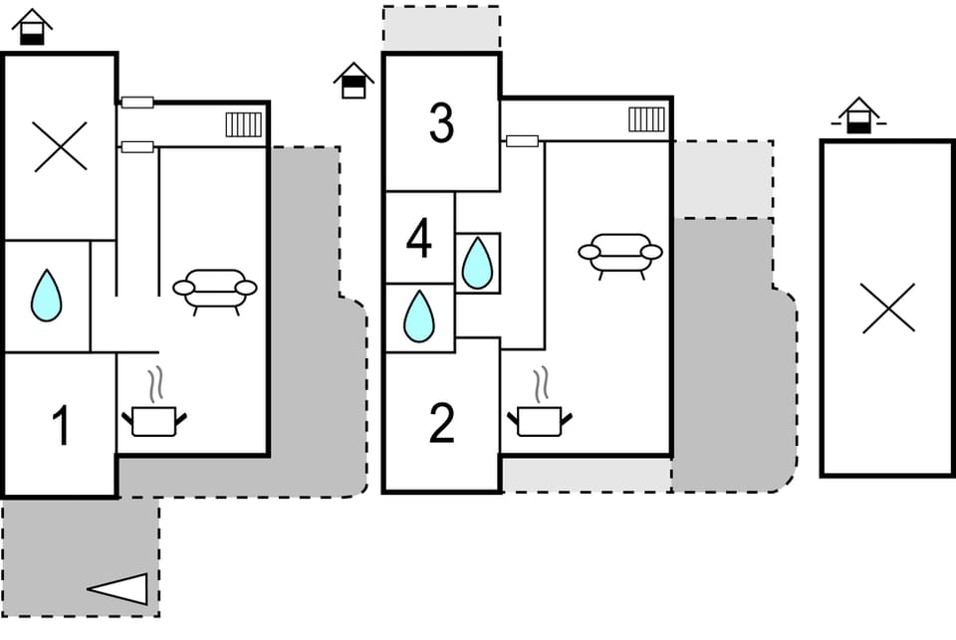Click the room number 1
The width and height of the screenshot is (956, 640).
coord(60,425)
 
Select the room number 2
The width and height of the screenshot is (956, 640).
coord(441,424)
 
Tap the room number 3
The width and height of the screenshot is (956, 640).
coord(441,122)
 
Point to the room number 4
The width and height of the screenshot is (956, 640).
coord(419,239)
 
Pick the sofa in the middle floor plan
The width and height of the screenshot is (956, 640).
coord(620,255)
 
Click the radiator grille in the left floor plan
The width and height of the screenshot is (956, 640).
coord(243,124)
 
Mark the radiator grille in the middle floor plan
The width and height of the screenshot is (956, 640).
coord(646,119)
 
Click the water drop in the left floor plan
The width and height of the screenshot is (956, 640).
coord(46,296)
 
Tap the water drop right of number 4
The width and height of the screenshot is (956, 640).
coord(478,264)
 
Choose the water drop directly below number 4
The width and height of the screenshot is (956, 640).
coord(419,317)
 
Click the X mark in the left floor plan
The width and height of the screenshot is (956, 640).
coord(60,146)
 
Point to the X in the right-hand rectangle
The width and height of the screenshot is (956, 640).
coord(887,308)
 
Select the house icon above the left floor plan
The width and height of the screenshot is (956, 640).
coord(33,27)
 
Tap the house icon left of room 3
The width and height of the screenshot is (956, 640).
coord(354,81)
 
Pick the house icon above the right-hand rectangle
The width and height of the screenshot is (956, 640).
coord(858,115)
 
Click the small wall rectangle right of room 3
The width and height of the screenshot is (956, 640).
coord(522,140)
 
